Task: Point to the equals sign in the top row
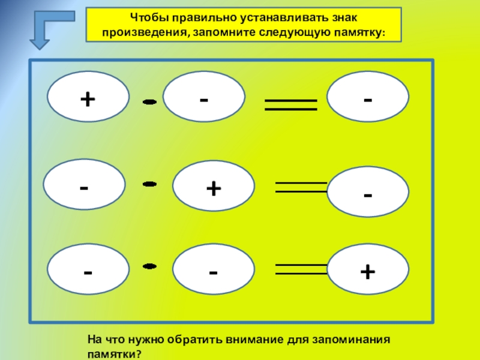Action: click(x=290, y=105)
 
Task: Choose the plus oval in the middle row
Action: click(x=213, y=187)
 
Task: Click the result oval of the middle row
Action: click(x=368, y=192)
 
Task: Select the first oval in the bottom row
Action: click(x=88, y=271)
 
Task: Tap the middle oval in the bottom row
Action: click(x=213, y=271)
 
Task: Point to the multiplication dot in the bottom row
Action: click(x=150, y=266)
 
